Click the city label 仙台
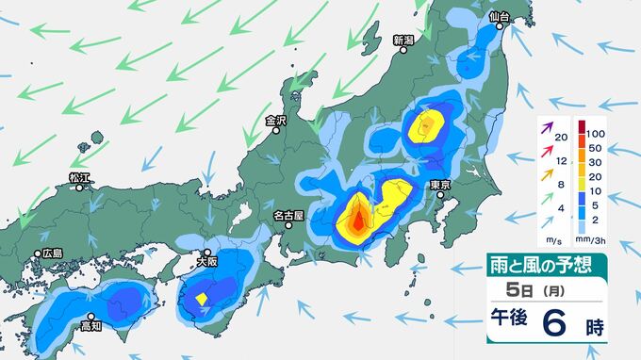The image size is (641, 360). pos(500,18)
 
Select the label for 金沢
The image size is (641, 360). pos(275,121)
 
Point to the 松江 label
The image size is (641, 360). pos(79,177)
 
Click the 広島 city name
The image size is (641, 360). pos(52,254)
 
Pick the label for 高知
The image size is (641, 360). pos(90,327)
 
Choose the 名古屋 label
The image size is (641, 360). pos(288,216)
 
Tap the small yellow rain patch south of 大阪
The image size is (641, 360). pos(202,299)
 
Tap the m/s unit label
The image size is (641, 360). pos(553,244)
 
